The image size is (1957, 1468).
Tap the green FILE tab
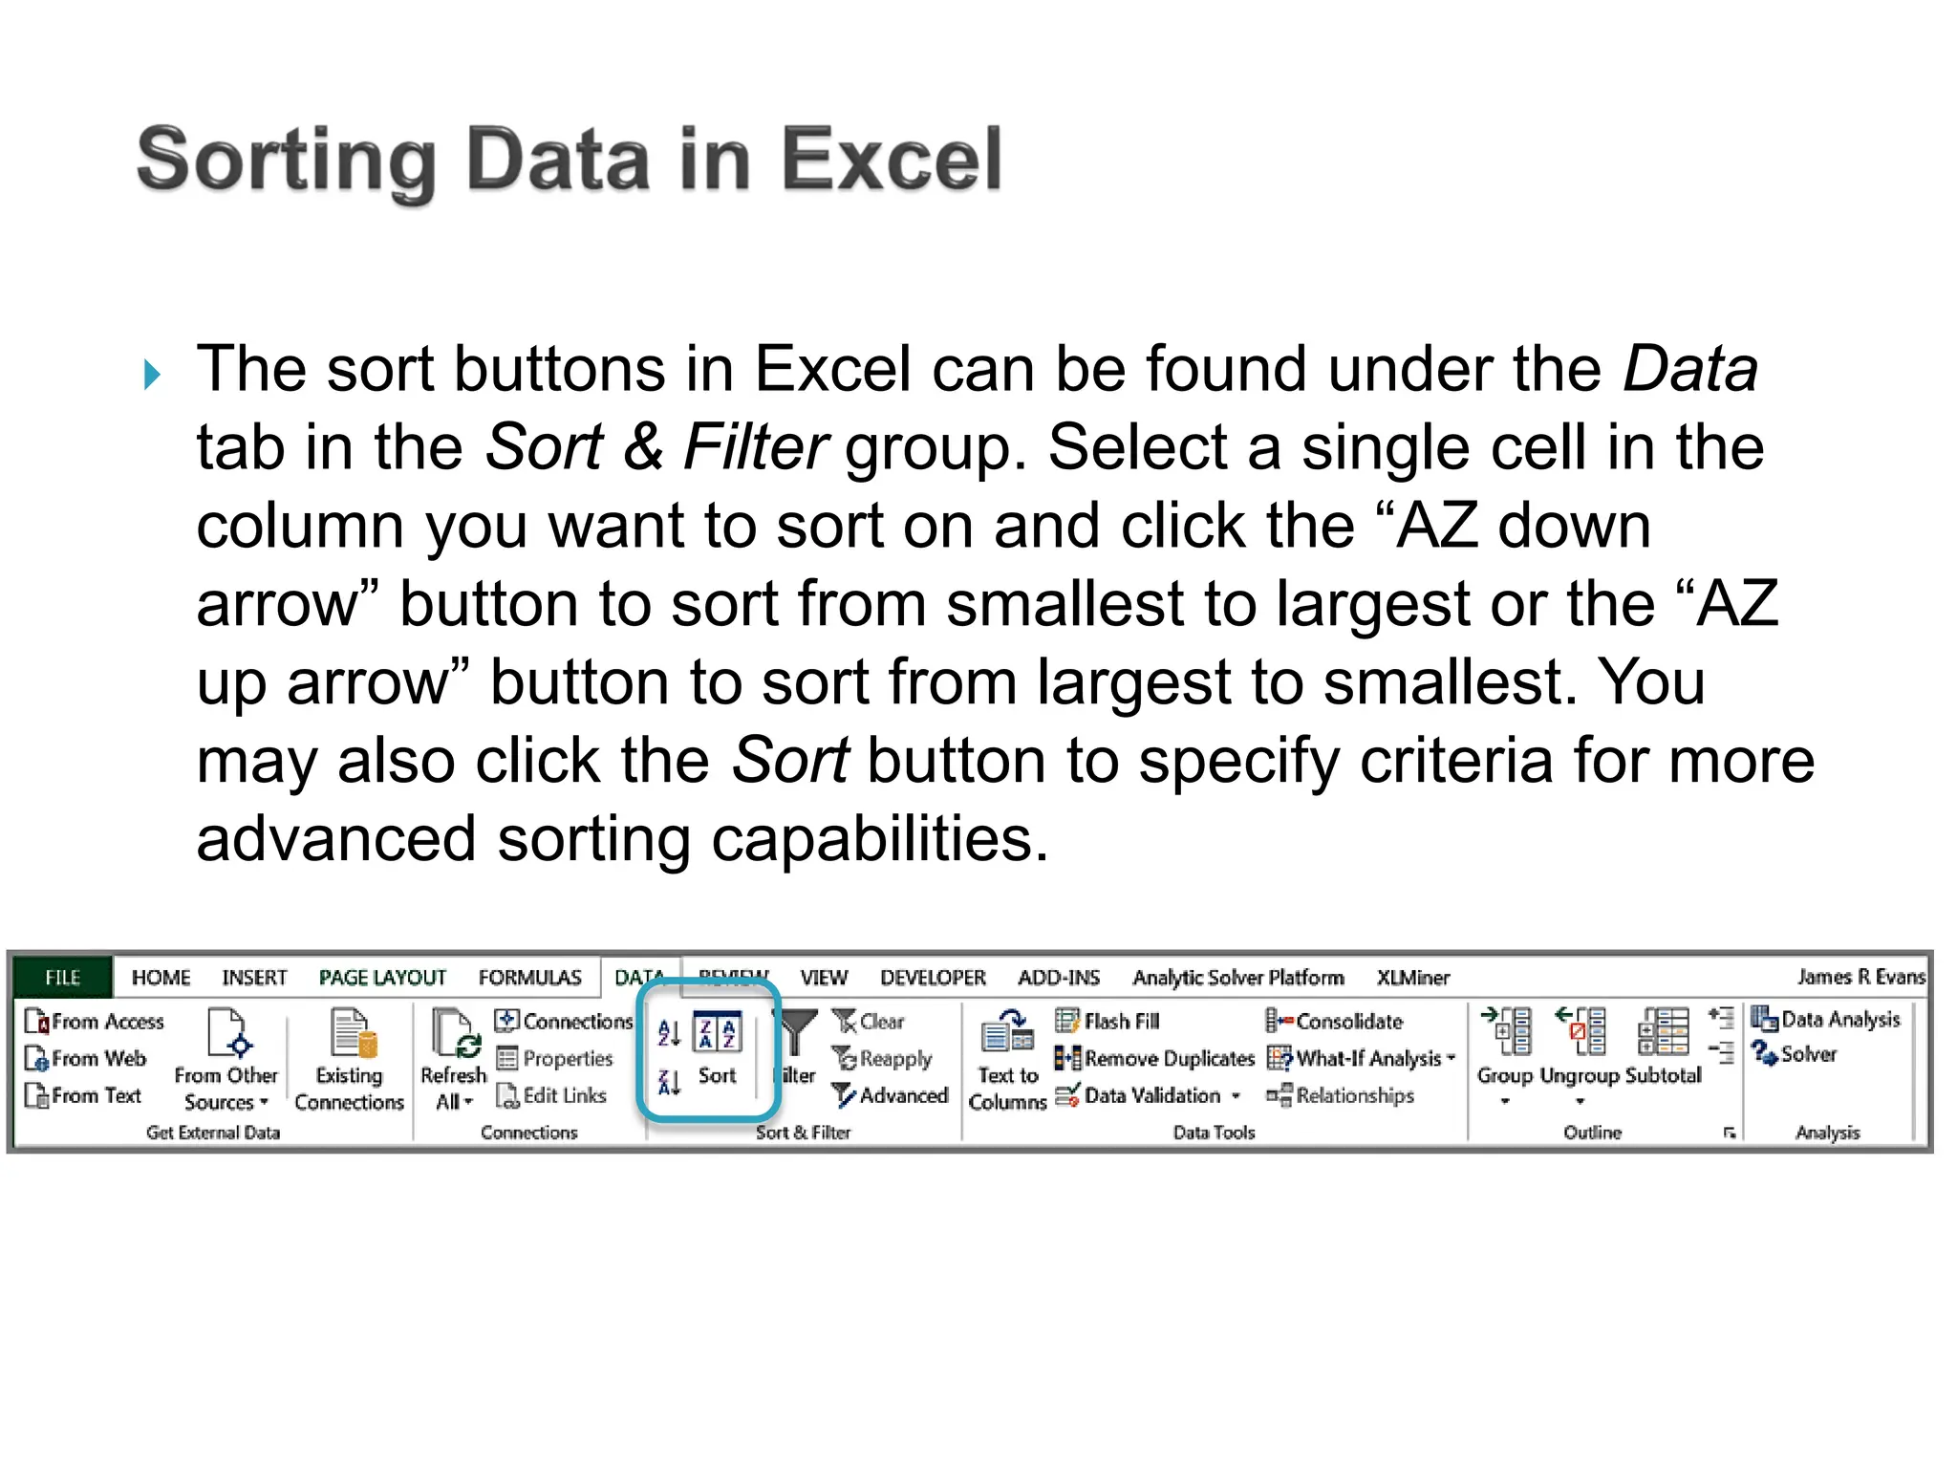63,977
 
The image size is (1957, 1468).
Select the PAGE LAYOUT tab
382,977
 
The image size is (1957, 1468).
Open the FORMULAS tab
529,977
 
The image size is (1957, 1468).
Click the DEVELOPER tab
933,977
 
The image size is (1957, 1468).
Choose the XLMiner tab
1412,977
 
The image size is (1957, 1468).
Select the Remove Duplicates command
1155,1058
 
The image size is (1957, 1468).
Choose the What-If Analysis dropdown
1361,1058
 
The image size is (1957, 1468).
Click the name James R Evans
1860,976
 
